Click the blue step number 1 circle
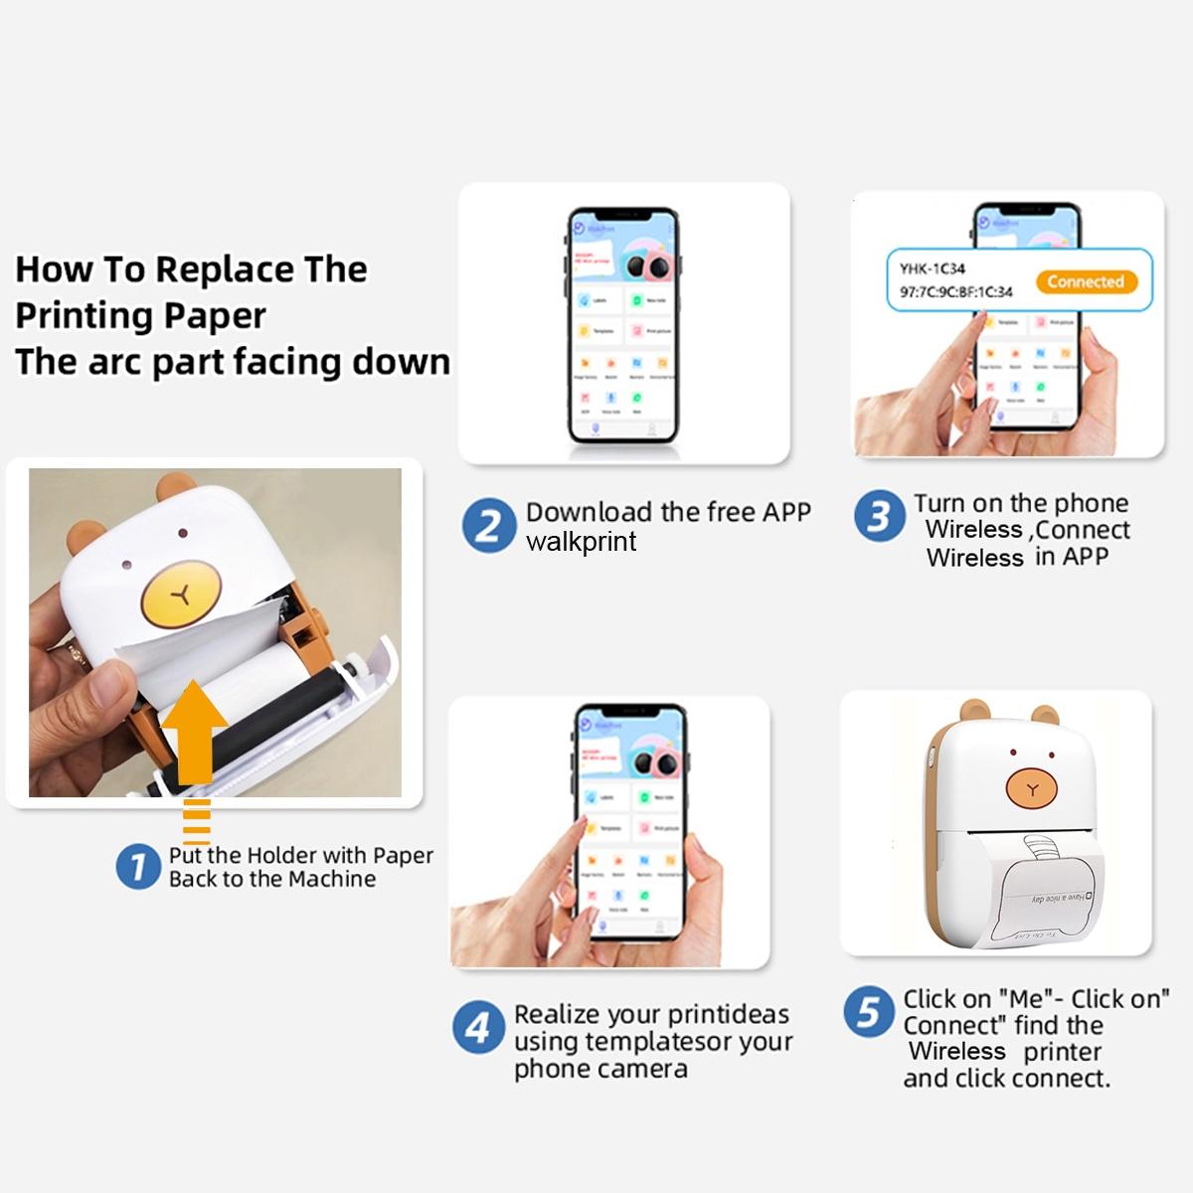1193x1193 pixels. pyautogui.click(x=137, y=866)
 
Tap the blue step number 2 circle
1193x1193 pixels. pyautogui.click(x=488, y=526)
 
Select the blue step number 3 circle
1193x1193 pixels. pyautogui.click(x=879, y=517)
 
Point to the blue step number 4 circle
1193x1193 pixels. pyautogui.click(x=477, y=1027)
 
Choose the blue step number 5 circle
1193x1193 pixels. pyautogui.click(x=868, y=1012)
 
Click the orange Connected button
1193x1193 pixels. pyautogui.click(x=1085, y=281)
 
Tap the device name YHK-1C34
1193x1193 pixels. pyautogui.click(x=932, y=268)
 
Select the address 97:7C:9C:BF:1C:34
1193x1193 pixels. pyautogui.click(x=955, y=292)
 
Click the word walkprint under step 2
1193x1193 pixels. pyautogui.click(x=581, y=542)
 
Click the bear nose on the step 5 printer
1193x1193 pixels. pyautogui.click(x=1032, y=789)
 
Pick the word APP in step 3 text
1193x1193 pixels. pyautogui.click(x=1085, y=557)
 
